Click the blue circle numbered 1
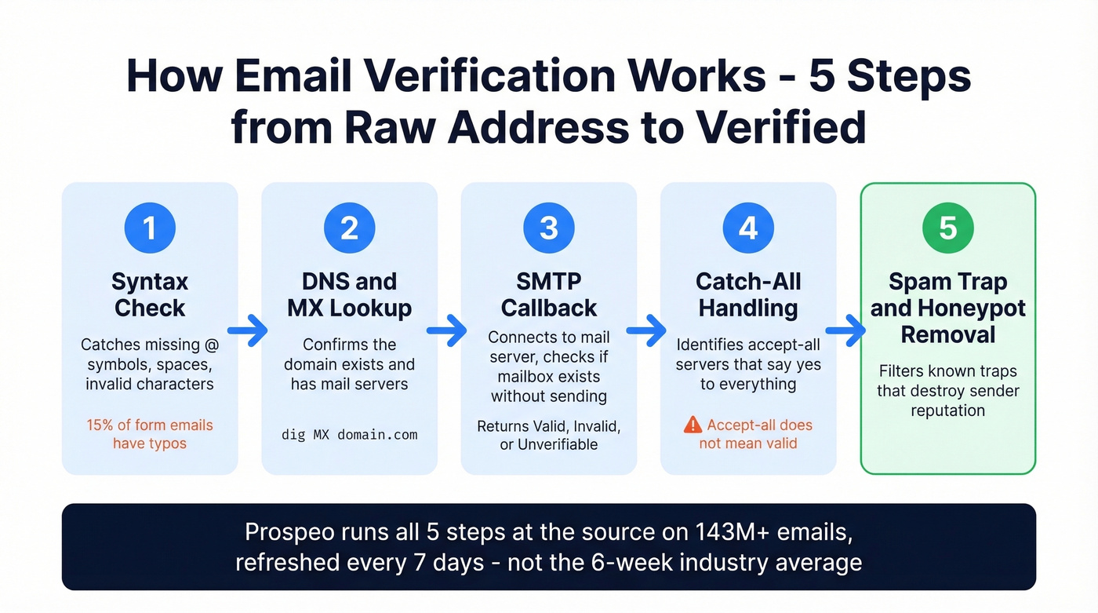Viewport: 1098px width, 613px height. (x=150, y=228)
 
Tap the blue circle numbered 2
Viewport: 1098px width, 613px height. (x=349, y=228)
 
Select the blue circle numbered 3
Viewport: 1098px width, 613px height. (x=549, y=228)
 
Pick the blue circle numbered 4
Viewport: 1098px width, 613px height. (x=748, y=228)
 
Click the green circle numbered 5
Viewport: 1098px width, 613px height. (x=948, y=228)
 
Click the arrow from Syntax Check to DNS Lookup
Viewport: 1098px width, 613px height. (x=248, y=332)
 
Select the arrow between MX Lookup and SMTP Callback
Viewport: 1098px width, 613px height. (x=448, y=332)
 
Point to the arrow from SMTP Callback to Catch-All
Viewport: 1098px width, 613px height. (x=647, y=332)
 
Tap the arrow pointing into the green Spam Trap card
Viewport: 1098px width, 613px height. (x=847, y=332)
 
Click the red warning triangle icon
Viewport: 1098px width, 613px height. (x=693, y=425)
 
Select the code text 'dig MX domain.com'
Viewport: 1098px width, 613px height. (x=349, y=434)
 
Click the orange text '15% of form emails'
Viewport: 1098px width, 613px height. (x=150, y=425)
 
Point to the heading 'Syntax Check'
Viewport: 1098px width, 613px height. (x=150, y=294)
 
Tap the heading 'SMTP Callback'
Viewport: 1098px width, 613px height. (x=549, y=294)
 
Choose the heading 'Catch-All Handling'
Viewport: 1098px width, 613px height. (x=748, y=294)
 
